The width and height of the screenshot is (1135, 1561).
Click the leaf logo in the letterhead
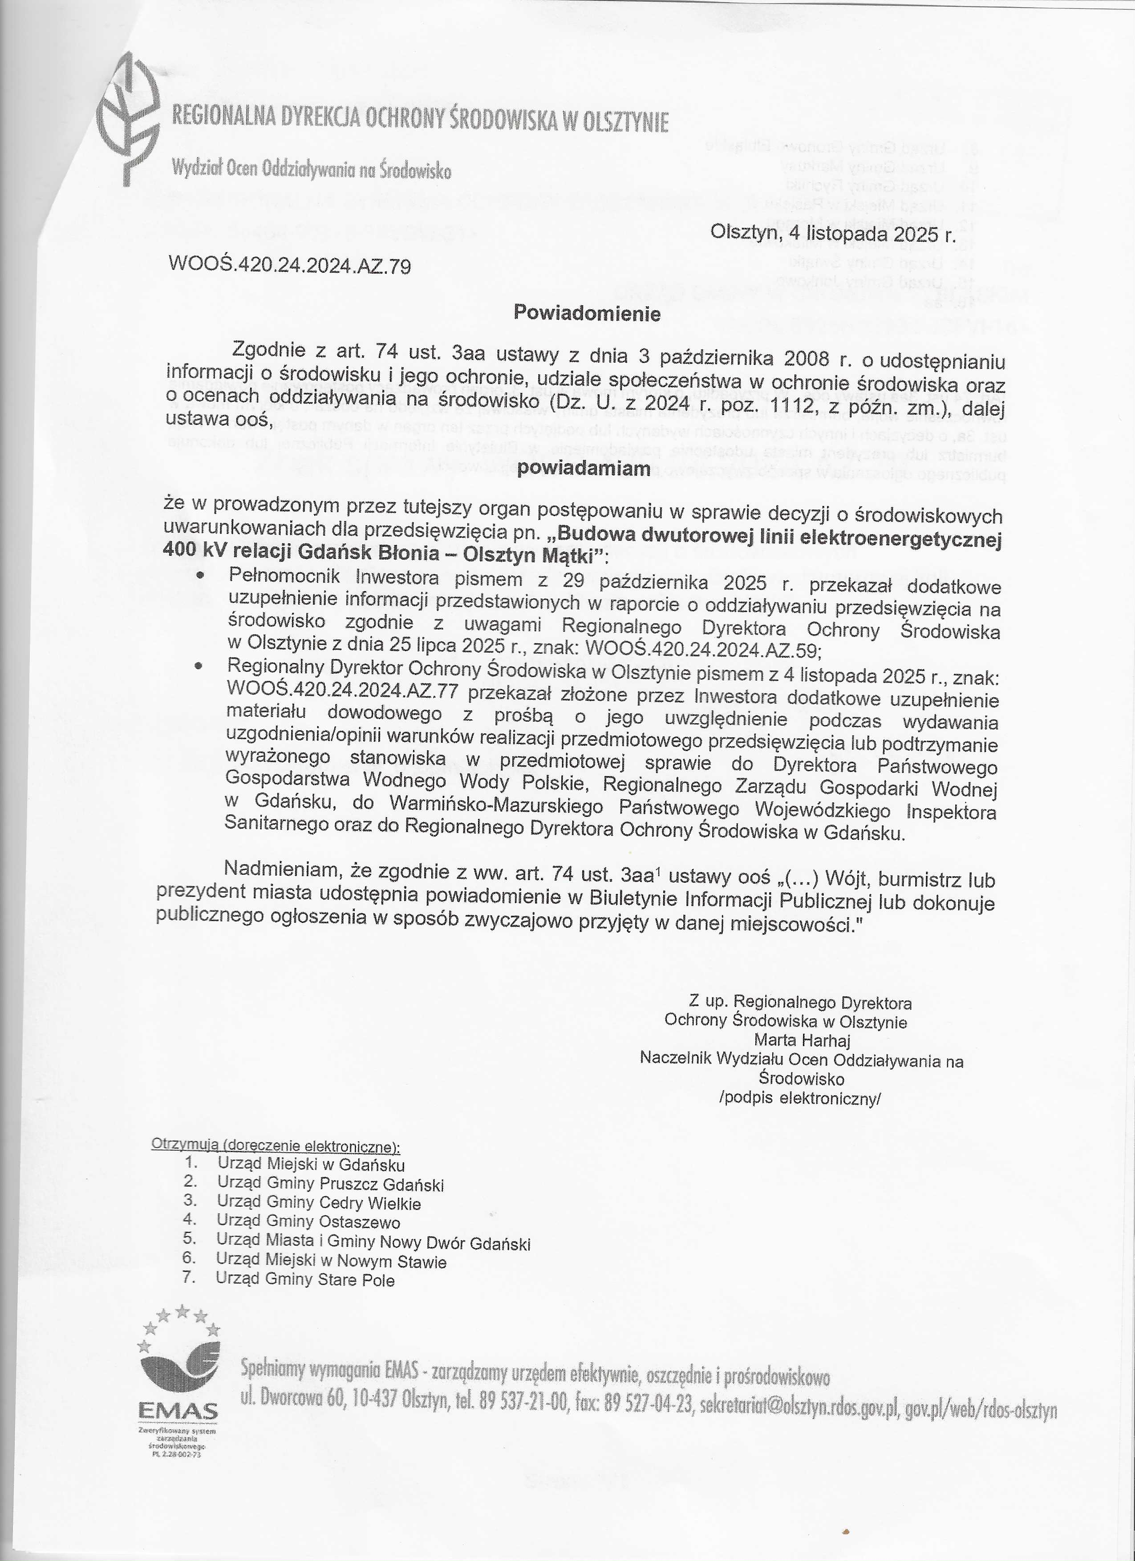(131, 121)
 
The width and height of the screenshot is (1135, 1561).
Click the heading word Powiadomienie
(587, 314)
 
